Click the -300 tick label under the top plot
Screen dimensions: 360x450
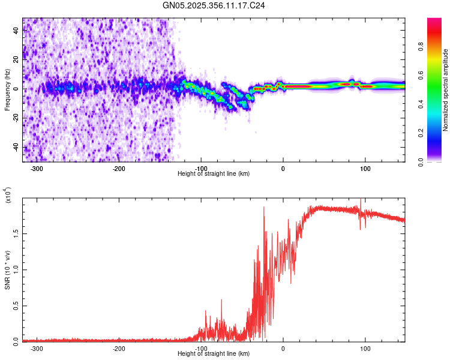37,169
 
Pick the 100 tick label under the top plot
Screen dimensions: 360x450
365,169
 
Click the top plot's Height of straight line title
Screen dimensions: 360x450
214,174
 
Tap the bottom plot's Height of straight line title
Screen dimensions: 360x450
214,353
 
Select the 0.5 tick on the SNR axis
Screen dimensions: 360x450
16,305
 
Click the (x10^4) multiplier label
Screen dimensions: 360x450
9,196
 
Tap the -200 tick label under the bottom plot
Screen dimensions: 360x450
119,348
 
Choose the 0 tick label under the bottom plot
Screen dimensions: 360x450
283,348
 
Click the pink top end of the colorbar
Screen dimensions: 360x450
434,21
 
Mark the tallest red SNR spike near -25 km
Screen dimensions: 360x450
264,208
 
